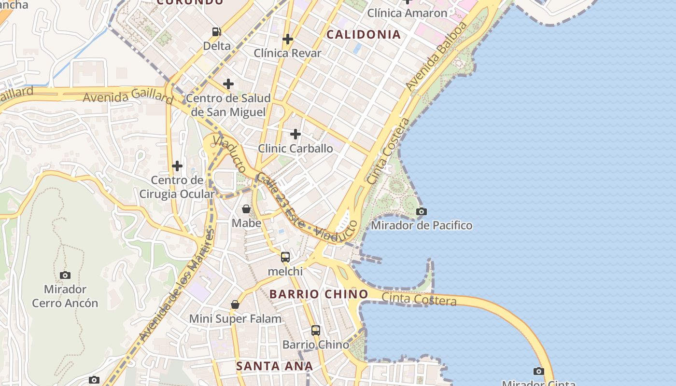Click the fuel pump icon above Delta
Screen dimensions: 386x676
[217, 32]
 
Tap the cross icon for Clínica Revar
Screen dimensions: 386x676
[288, 39]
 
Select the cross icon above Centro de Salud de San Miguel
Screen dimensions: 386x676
[228, 84]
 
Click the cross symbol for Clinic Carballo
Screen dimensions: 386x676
[296, 134]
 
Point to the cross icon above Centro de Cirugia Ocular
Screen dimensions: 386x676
[177, 166]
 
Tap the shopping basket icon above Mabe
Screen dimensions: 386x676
[246, 209]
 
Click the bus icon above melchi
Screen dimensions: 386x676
[285, 257]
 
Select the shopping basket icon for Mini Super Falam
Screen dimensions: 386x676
[235, 304]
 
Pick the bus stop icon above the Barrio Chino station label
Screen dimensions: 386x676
[316, 331]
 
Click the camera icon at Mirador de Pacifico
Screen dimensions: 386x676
[422, 211]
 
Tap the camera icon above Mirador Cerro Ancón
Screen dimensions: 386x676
[65, 275]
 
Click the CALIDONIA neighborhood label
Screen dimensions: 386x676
[364, 34]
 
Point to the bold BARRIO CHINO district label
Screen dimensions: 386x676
[319, 294]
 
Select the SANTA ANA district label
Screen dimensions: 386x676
[275, 366]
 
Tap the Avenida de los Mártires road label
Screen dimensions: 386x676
[176, 286]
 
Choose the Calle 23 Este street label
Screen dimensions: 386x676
[281, 200]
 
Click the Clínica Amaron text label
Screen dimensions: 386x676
[408, 13]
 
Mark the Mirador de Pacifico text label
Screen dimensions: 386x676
[422, 225]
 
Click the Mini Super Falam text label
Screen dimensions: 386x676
[235, 318]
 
